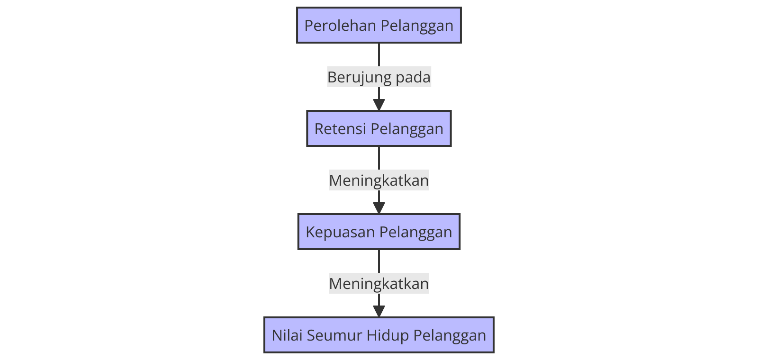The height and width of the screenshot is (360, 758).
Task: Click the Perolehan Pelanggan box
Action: click(379, 25)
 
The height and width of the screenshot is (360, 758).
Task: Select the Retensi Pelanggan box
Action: click(379, 128)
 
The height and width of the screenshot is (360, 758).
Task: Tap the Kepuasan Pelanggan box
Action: click(379, 232)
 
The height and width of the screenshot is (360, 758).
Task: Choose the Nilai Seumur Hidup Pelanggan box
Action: click(379, 335)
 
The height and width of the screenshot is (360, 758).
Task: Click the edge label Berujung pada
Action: click(379, 77)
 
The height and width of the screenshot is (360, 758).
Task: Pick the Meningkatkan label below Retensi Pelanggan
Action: click(379, 180)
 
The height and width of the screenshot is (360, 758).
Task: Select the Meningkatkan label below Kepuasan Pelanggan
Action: click(379, 283)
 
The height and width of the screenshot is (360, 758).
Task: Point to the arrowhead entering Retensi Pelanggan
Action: click(379, 105)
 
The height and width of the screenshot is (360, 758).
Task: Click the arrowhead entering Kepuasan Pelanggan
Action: click(379, 208)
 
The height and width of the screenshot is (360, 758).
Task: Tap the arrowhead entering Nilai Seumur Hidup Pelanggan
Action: click(379, 312)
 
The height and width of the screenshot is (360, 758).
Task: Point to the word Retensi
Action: click(340, 128)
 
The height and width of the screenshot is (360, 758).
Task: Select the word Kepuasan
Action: click(340, 232)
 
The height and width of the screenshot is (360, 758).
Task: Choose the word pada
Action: click(413, 77)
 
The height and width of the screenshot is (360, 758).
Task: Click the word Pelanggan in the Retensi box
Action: click(407, 128)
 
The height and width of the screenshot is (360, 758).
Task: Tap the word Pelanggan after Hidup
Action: click(450, 335)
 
